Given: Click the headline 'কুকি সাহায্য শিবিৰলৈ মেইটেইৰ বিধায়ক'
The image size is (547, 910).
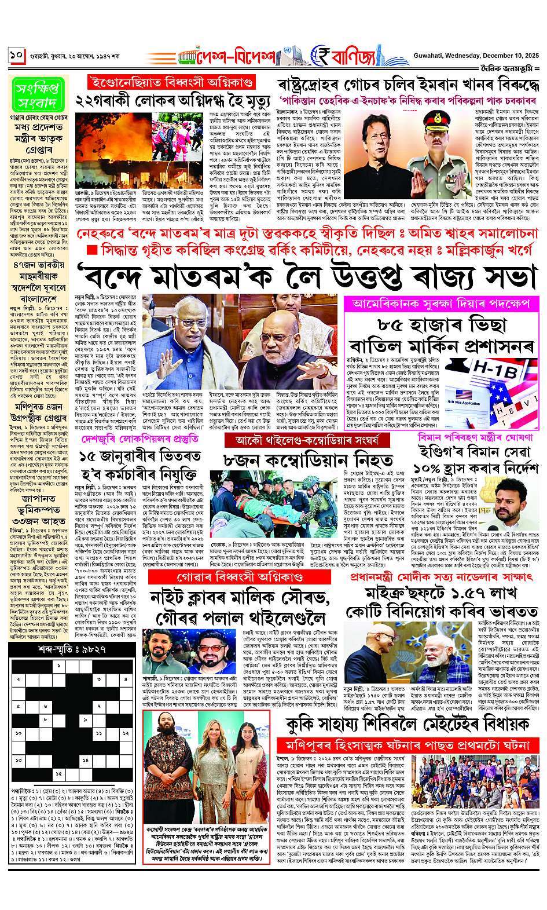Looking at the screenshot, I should (x=408, y=724).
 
